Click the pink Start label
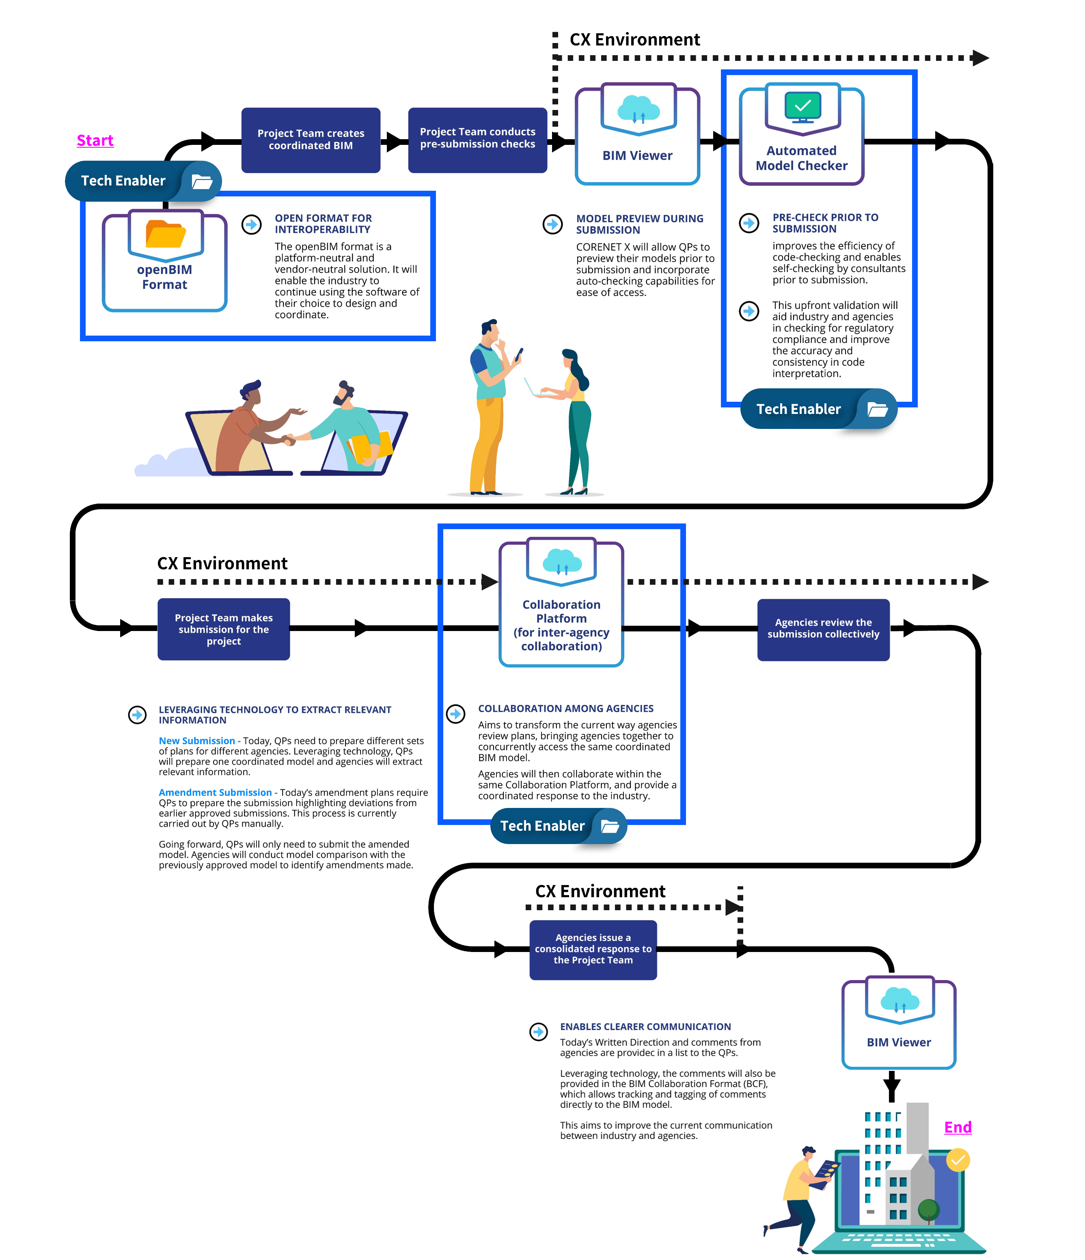95,140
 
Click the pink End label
957,1127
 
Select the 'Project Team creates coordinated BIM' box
311,140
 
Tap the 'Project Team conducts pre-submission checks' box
477,139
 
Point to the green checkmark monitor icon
803,106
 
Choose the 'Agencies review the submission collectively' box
823,629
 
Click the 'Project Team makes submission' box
224,629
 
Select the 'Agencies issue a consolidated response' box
593,949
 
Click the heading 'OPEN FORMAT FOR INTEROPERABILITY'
323,224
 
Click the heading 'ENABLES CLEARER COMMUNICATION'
645,1027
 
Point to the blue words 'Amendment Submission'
215,793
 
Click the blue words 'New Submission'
196,741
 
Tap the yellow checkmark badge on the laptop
958,1160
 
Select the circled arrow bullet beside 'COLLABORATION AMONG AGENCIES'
455,713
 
